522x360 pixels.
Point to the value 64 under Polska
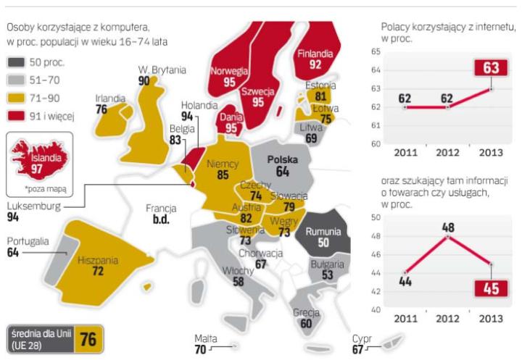click(281, 171)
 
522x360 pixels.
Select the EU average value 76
click(88, 338)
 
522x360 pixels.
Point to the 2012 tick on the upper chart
click(447, 154)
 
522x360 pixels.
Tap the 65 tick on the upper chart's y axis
click(375, 52)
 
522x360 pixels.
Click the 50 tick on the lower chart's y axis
click(375, 217)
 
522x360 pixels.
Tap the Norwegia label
click(228, 71)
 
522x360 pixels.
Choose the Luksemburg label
click(30, 206)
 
